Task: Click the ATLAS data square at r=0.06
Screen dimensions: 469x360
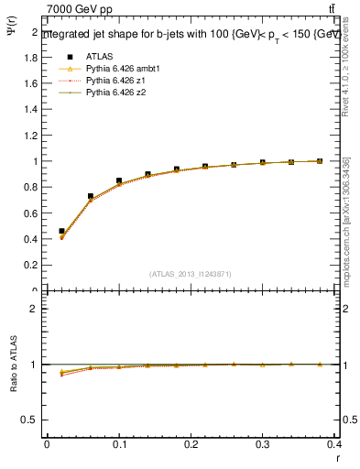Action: click(91, 196)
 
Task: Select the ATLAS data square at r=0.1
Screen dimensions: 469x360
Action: click(119, 181)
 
